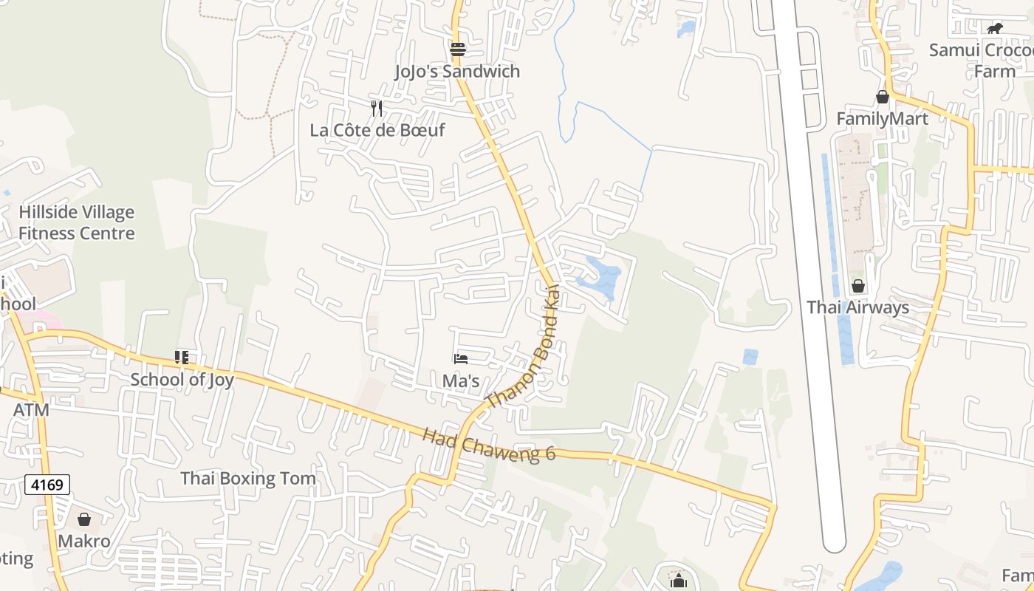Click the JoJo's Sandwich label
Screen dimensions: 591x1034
(457, 72)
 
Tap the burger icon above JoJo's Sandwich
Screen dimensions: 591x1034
(458, 49)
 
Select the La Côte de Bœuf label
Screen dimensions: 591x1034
(377, 131)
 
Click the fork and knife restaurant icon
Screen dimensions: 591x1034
(377, 109)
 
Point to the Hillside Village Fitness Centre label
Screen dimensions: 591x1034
(77, 223)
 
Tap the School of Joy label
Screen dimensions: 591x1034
(182, 380)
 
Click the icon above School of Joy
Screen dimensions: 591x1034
(182, 358)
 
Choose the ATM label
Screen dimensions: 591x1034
(31, 410)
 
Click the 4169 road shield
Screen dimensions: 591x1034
(47, 485)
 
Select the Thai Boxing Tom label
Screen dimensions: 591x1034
(248, 479)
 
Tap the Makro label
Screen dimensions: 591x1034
(84, 542)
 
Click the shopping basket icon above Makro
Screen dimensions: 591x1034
(84, 519)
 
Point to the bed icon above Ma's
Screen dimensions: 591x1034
(461, 359)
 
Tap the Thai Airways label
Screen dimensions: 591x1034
(857, 307)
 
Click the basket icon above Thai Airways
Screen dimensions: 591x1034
(858, 285)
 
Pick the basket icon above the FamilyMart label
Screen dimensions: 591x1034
(882, 97)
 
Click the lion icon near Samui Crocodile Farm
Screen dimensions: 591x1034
(995, 29)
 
